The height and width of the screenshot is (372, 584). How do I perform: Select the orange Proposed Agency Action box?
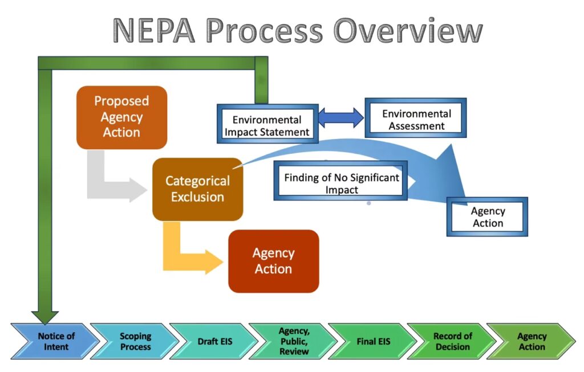click(121, 117)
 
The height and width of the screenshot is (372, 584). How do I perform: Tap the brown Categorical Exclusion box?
click(197, 189)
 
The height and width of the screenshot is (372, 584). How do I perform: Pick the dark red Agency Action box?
click(273, 261)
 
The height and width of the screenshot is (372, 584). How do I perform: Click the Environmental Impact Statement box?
click(267, 126)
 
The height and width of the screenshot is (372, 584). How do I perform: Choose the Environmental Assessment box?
click(416, 120)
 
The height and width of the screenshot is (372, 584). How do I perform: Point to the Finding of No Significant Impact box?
click(341, 183)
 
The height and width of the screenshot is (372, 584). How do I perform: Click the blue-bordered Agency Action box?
click(487, 217)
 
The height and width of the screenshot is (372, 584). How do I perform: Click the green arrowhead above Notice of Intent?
click(45, 315)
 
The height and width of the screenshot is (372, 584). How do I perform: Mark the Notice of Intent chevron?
click(56, 341)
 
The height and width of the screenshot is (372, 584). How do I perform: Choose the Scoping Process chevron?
click(135, 341)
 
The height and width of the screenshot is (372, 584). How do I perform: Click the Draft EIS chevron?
click(214, 341)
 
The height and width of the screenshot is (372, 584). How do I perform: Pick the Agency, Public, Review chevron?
click(293, 341)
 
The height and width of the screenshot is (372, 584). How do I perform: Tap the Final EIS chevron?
click(373, 341)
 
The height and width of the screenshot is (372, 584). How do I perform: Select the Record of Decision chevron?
click(452, 341)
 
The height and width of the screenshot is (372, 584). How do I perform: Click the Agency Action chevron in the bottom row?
click(531, 341)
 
